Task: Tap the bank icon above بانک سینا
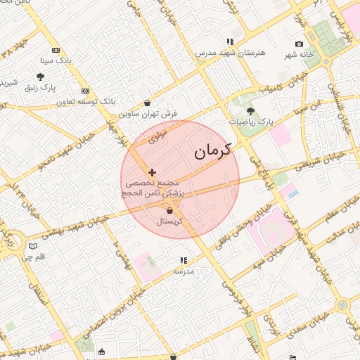coord(56,50)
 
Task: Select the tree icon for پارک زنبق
coord(40,77)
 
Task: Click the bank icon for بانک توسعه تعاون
coord(85,91)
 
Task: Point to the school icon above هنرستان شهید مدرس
coord(230,42)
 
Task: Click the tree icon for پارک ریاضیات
coord(251,111)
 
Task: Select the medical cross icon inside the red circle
coord(152,172)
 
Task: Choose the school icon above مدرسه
coord(184,260)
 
